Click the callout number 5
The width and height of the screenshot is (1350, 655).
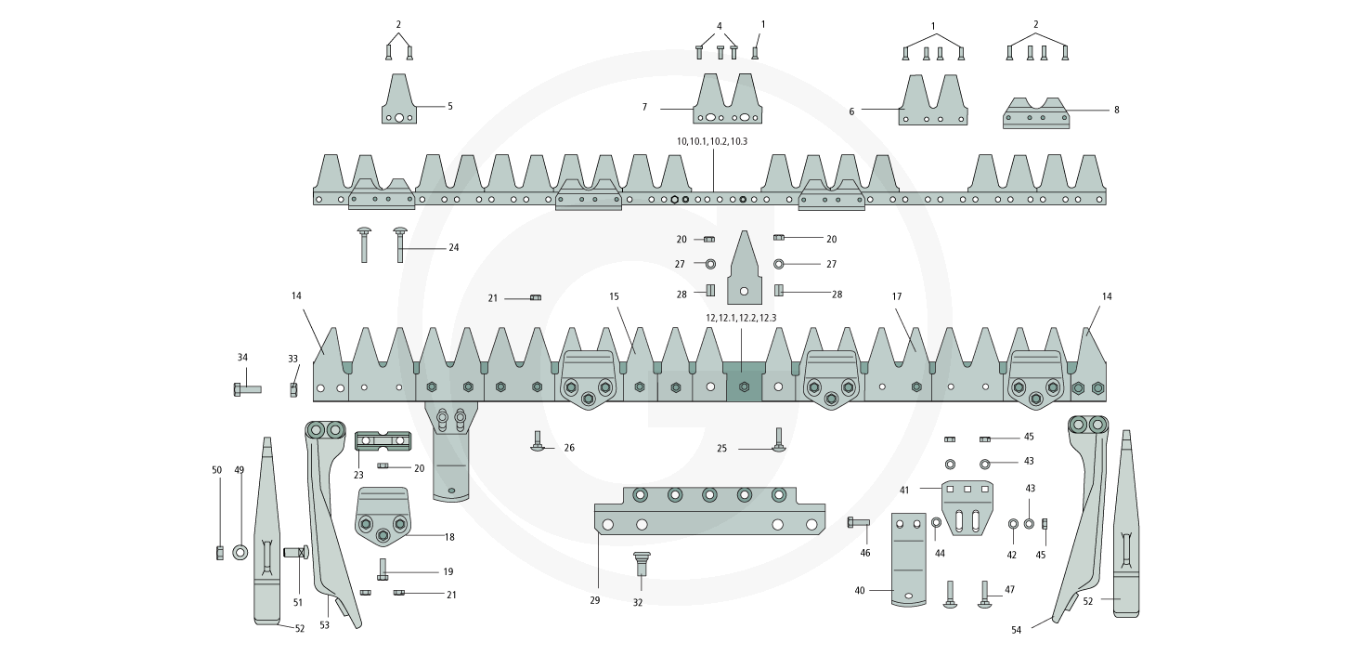pyautogui.click(x=450, y=107)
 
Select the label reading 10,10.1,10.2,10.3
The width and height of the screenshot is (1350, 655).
pyautogui.click(x=712, y=141)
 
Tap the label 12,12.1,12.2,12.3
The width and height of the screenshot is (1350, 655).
pyautogui.click(x=741, y=318)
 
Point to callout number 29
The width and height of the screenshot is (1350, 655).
pyautogui.click(x=595, y=600)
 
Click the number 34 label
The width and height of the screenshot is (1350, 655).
pyautogui.click(x=242, y=357)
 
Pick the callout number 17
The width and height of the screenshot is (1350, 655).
pyautogui.click(x=897, y=297)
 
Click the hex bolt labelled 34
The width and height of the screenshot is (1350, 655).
pyautogui.click(x=247, y=389)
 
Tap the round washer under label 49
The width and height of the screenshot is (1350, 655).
pyautogui.click(x=240, y=553)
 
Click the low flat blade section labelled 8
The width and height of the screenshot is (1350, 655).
pyautogui.click(x=1036, y=115)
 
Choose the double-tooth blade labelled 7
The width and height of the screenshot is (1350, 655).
pyautogui.click(x=729, y=103)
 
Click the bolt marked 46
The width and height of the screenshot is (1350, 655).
pyautogui.click(x=858, y=523)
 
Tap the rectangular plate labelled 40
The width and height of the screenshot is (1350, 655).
pyautogui.click(x=909, y=557)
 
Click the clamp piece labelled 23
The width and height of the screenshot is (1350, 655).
pyautogui.click(x=383, y=440)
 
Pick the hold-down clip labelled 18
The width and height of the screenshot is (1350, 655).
pyautogui.click(x=383, y=516)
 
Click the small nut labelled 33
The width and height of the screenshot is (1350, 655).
pyautogui.click(x=293, y=389)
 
